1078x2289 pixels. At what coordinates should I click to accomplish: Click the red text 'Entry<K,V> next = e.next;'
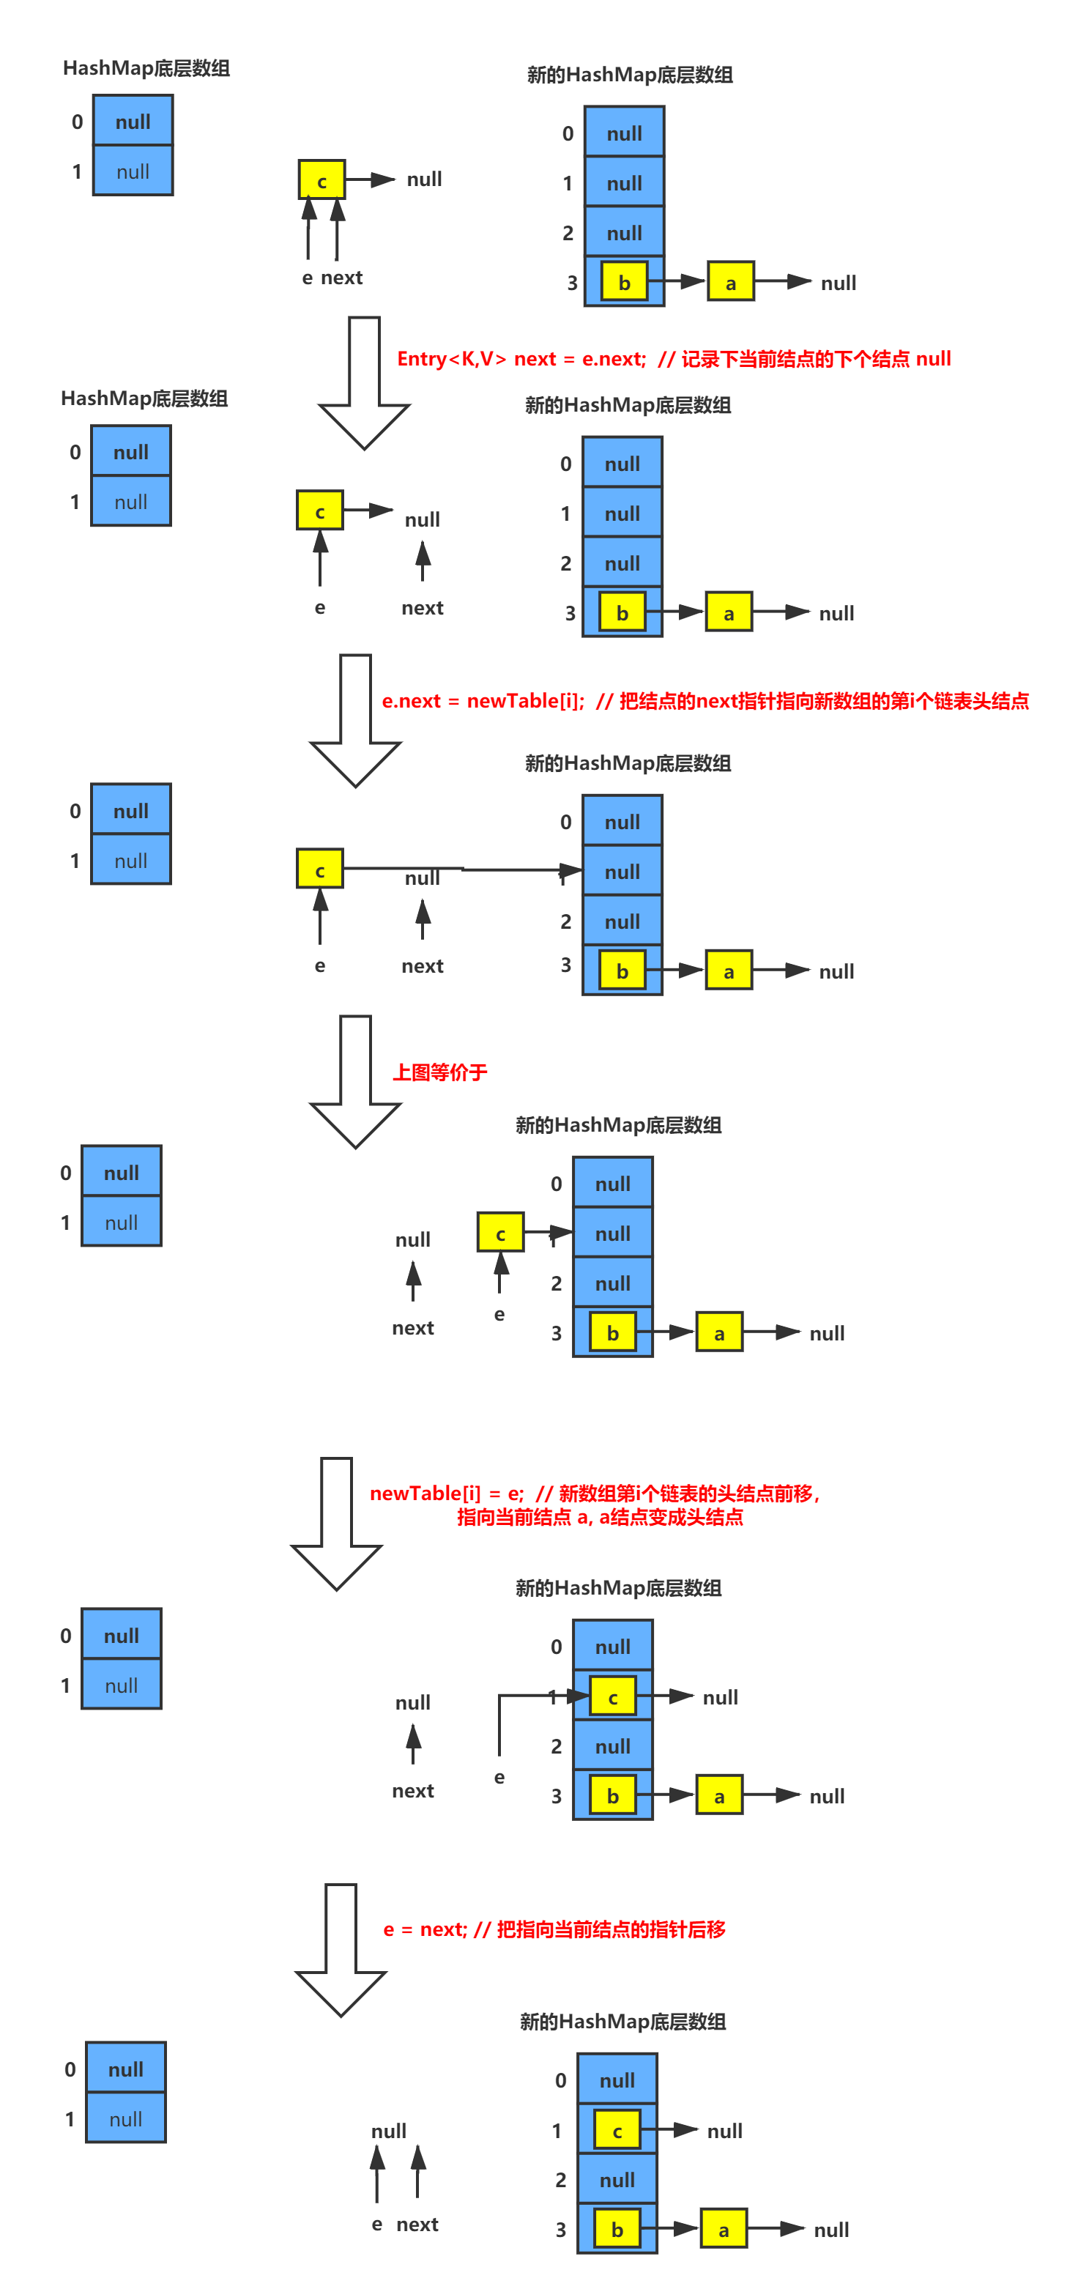coord(521,359)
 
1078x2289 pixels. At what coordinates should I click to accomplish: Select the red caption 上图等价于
coord(440,1072)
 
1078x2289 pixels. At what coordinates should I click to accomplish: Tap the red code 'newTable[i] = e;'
coord(446,1494)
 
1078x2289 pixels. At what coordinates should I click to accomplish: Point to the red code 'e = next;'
coord(425,1929)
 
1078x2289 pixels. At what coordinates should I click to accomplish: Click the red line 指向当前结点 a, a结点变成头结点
coord(600,1518)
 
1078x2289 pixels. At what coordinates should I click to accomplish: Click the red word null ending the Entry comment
coord(933,359)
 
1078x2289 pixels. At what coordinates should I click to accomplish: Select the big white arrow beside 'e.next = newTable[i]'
coord(354,720)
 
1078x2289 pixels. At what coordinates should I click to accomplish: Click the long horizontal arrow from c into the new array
coord(462,868)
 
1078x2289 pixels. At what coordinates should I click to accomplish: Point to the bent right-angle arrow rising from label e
coord(500,1715)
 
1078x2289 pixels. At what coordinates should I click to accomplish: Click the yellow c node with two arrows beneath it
coord(321,180)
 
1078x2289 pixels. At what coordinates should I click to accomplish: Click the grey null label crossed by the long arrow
coord(422,879)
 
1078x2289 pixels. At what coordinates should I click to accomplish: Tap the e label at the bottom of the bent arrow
coord(499,1778)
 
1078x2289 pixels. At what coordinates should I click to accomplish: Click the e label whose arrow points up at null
coord(377,2224)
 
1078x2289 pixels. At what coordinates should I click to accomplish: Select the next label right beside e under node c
coord(342,278)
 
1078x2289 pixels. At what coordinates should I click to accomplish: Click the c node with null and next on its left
coord(500,1233)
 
